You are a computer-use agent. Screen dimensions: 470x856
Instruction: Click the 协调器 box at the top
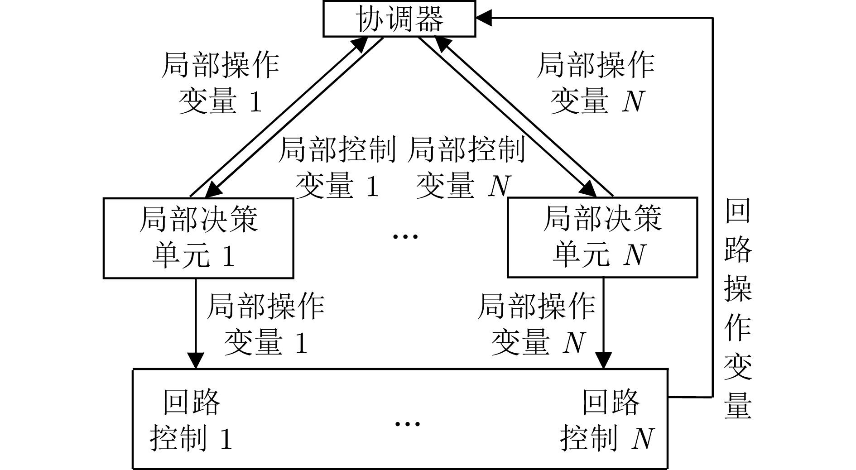pos(399,19)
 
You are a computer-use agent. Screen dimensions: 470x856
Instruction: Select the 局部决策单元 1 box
pos(198,237)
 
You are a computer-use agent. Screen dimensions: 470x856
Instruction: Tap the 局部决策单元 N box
pos(602,237)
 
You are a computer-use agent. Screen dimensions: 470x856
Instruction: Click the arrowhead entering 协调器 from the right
pos(484,18)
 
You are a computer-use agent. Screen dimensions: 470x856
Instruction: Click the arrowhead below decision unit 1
pos(196,361)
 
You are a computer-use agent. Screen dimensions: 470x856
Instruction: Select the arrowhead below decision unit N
pos(603,361)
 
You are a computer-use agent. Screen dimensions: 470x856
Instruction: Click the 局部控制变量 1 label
pos(337,168)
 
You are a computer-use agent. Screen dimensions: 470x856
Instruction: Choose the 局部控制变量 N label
pos(466,168)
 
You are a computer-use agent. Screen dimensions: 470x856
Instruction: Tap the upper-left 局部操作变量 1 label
pos(221,83)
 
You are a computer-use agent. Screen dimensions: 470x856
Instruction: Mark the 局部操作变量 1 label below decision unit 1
pos(266,324)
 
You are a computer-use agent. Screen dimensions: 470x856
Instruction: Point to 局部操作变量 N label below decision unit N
pos(537,324)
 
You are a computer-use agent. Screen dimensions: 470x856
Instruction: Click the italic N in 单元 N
pos(634,255)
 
